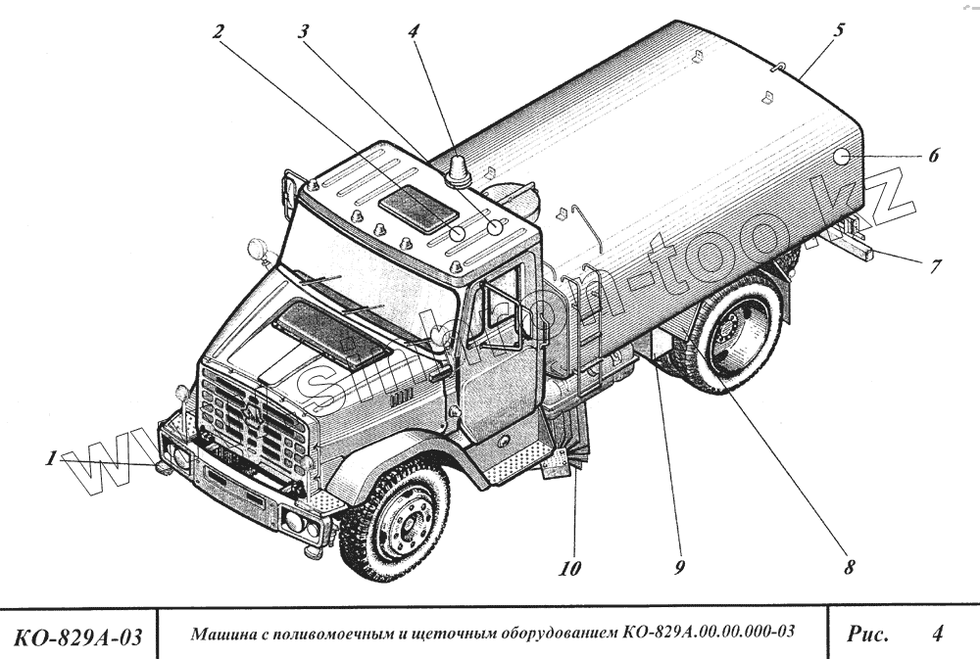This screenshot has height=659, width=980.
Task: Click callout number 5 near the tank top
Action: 839,30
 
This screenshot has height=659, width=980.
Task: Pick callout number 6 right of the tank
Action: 932,155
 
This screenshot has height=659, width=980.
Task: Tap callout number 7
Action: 935,264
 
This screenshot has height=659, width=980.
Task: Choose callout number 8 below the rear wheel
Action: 849,566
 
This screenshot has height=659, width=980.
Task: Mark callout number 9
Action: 678,567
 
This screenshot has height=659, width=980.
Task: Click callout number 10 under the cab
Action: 570,567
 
